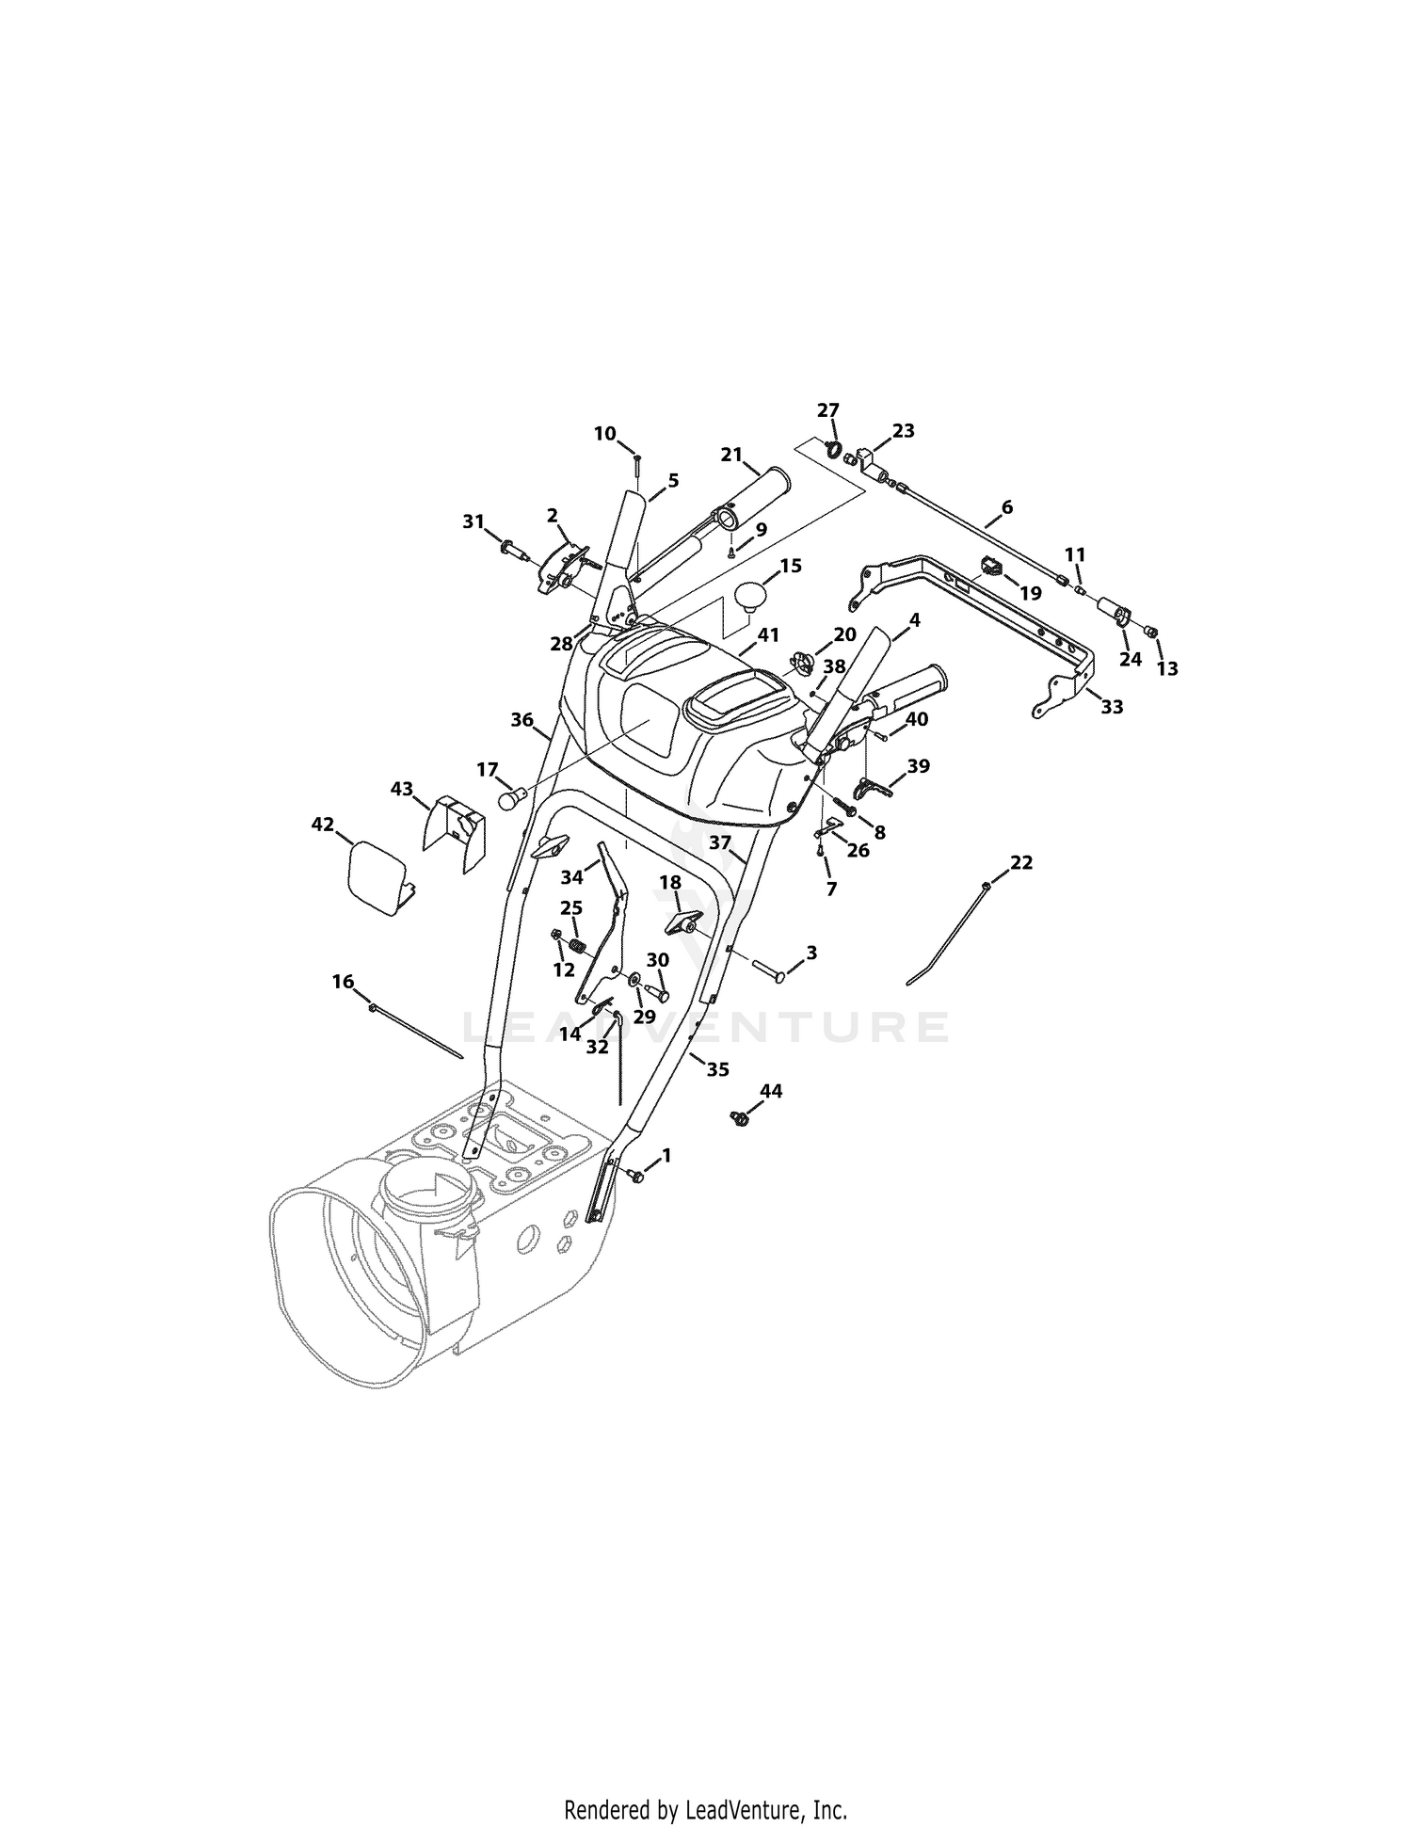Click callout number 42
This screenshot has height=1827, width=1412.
(x=322, y=824)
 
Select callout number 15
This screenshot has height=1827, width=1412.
(x=790, y=566)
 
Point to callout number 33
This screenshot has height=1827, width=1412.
(x=1112, y=707)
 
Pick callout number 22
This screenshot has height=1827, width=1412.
(x=1021, y=862)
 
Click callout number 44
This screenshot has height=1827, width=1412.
(x=771, y=1091)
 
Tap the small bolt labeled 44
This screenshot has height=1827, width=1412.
(x=739, y=1118)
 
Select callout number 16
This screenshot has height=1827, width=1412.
(x=343, y=982)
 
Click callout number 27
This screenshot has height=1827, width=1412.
(x=827, y=410)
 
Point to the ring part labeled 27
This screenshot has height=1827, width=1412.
(x=832, y=449)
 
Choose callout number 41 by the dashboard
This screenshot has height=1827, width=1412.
(x=768, y=635)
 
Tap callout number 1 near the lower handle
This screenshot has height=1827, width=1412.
(x=666, y=1154)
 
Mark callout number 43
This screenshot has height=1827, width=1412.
(x=402, y=789)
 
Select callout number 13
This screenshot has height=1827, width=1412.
(x=1167, y=668)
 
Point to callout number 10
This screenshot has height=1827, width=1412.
(x=604, y=433)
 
